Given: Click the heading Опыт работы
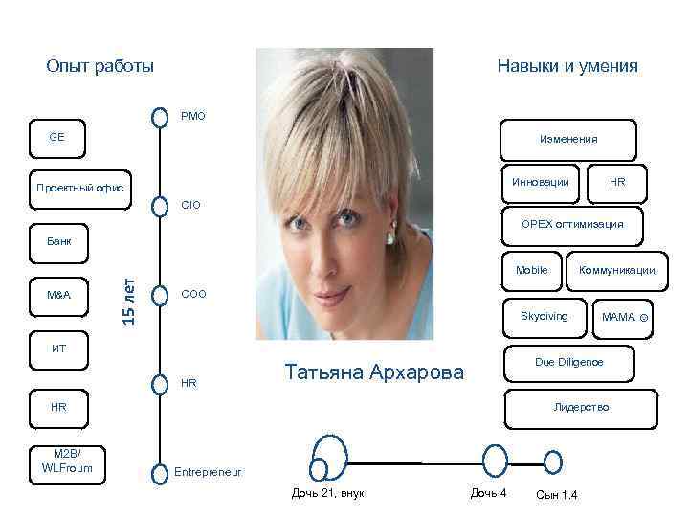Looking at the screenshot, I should click(100, 66).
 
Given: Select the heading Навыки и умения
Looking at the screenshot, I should click(567, 66).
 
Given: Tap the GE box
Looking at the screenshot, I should click(57, 138).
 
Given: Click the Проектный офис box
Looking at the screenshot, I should click(79, 187).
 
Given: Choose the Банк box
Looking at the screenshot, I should click(57, 240).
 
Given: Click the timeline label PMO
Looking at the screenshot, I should click(192, 117).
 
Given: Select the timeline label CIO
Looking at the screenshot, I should click(190, 204).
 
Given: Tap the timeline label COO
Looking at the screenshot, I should click(192, 294).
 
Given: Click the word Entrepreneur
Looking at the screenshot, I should click(208, 472).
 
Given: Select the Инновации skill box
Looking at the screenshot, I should click(541, 181).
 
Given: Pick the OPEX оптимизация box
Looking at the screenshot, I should click(572, 225).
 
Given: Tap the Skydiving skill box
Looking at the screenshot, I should click(544, 316).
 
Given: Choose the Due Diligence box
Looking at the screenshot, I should click(568, 362).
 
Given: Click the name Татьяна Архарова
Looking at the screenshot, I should click(374, 371).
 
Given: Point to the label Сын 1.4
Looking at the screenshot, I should click(556, 494).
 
